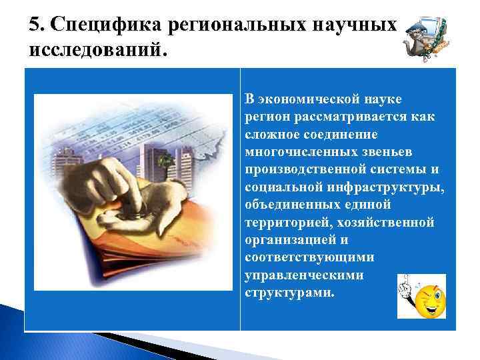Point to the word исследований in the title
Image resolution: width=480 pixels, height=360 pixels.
point(93,51)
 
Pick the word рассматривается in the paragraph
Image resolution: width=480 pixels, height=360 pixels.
point(340,117)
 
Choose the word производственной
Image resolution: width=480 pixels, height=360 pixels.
point(305,169)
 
